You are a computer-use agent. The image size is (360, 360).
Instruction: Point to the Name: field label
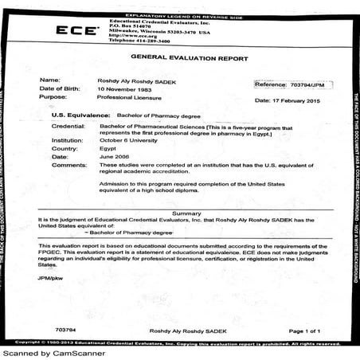click(x=49, y=80)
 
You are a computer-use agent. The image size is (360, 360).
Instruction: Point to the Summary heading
click(x=186, y=213)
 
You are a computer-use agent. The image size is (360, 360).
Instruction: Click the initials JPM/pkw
click(x=49, y=278)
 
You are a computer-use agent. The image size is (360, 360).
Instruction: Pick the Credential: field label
click(x=68, y=126)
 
